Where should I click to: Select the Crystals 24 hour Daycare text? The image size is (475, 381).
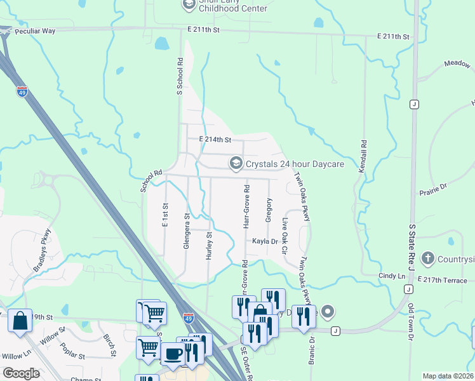click(295, 164)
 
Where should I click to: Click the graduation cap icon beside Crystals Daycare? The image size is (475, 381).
click(236, 164)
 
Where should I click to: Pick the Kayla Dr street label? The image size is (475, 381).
click(265, 241)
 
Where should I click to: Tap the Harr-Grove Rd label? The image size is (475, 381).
click(246, 208)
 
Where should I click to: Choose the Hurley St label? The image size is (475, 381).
click(208, 244)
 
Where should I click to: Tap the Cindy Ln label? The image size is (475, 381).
click(391, 276)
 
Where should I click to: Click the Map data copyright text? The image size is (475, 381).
click(448, 376)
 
